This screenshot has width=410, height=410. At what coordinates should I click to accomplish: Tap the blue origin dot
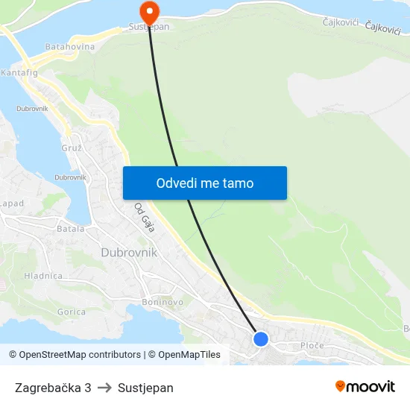tap(260, 339)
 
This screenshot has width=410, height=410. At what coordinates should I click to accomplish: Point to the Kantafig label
tap(19, 74)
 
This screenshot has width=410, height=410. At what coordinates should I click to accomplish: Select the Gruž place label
tap(72, 148)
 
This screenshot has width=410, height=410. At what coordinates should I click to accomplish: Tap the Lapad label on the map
tap(12, 203)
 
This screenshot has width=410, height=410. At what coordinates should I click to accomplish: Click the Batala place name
tap(71, 229)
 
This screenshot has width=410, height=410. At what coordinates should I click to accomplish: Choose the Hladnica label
tap(43, 275)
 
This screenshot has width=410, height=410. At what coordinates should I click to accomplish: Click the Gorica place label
tap(71, 312)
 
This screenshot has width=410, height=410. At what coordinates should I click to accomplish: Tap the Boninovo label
tap(162, 302)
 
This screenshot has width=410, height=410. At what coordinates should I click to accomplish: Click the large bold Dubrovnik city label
tap(129, 253)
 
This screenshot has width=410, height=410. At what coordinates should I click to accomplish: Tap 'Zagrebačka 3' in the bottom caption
tap(53, 388)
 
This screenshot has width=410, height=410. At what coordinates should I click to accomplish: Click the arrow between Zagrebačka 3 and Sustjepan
tap(104, 388)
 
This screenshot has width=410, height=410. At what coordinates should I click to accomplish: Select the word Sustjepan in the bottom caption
tap(145, 388)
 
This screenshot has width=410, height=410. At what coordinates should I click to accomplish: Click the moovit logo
tap(365, 386)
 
